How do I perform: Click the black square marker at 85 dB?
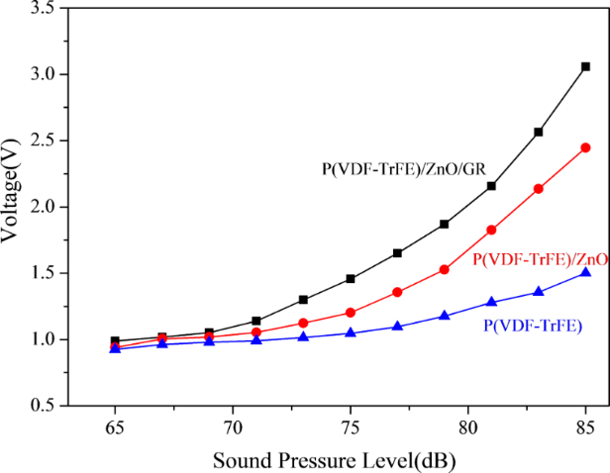pos(585,66)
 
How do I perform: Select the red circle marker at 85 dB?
pos(585,147)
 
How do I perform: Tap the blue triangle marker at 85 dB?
pos(585,272)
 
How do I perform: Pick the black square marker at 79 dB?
pos(445,224)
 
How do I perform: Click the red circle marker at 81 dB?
pos(491,230)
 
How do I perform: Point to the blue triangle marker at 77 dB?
pos(397,326)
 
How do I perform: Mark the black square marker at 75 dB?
pos(351,279)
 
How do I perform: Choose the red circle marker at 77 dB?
pos(397,292)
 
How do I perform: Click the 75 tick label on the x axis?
pos(351,419)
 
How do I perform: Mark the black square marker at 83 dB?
pos(539,132)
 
